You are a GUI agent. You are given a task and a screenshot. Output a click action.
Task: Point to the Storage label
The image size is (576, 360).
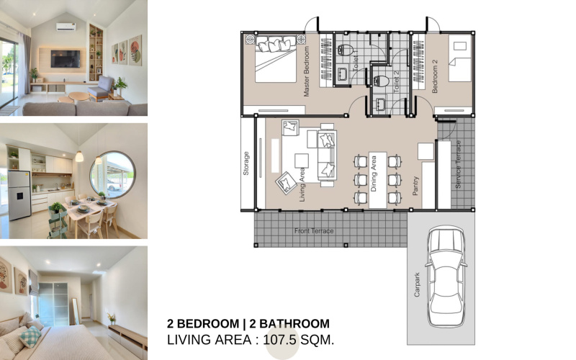[246, 163]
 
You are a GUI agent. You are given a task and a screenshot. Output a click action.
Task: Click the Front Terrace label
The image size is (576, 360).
[314, 231]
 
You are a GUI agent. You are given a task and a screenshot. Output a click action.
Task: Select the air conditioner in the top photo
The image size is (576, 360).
[65, 27]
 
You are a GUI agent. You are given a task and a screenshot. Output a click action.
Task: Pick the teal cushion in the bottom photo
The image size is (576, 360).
[30, 336]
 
